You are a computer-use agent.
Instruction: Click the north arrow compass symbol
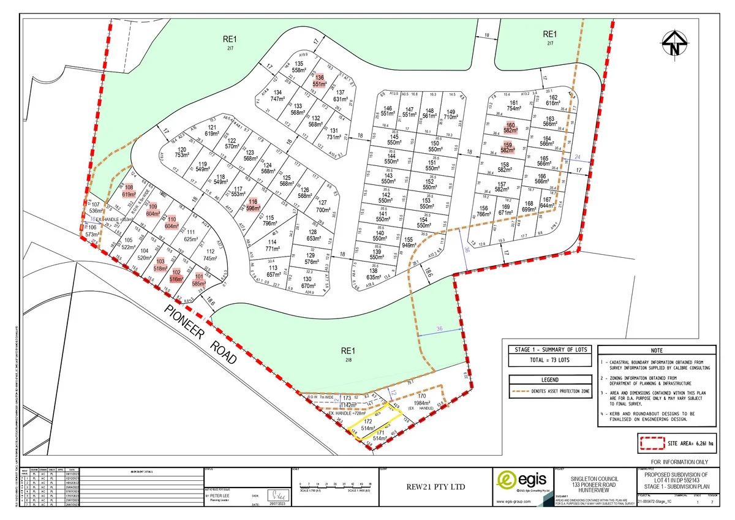[675, 45]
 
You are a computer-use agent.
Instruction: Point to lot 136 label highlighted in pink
[319, 80]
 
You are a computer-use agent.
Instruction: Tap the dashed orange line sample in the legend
[526, 390]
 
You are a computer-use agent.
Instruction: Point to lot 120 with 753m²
[181, 153]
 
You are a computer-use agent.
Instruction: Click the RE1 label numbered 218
[348, 354]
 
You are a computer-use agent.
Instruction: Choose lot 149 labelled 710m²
[451, 114]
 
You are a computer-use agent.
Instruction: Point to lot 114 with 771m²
[273, 246]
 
